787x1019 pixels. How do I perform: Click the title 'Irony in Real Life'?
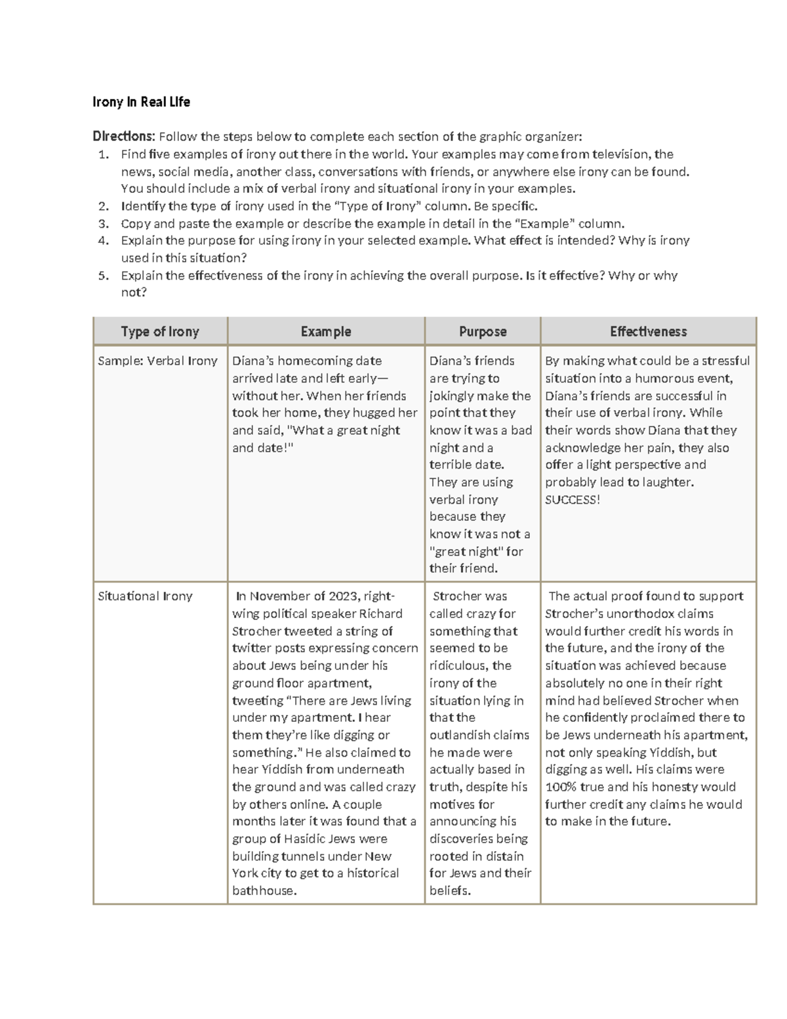tap(141, 102)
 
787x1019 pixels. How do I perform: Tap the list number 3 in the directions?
tap(102, 223)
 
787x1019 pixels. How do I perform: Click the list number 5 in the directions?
tap(102, 276)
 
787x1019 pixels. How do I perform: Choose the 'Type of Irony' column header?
tap(160, 331)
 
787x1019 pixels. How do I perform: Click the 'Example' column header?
tap(326, 331)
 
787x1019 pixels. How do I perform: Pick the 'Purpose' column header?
tap(483, 331)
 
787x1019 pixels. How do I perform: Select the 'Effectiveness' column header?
tap(648, 331)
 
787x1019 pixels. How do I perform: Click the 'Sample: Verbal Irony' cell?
tap(157, 361)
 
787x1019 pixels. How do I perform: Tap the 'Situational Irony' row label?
tap(145, 596)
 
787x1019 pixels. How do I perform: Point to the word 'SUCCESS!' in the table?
tap(572, 500)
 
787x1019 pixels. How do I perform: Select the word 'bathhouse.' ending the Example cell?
tap(264, 891)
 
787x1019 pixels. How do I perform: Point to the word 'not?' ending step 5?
tap(134, 293)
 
